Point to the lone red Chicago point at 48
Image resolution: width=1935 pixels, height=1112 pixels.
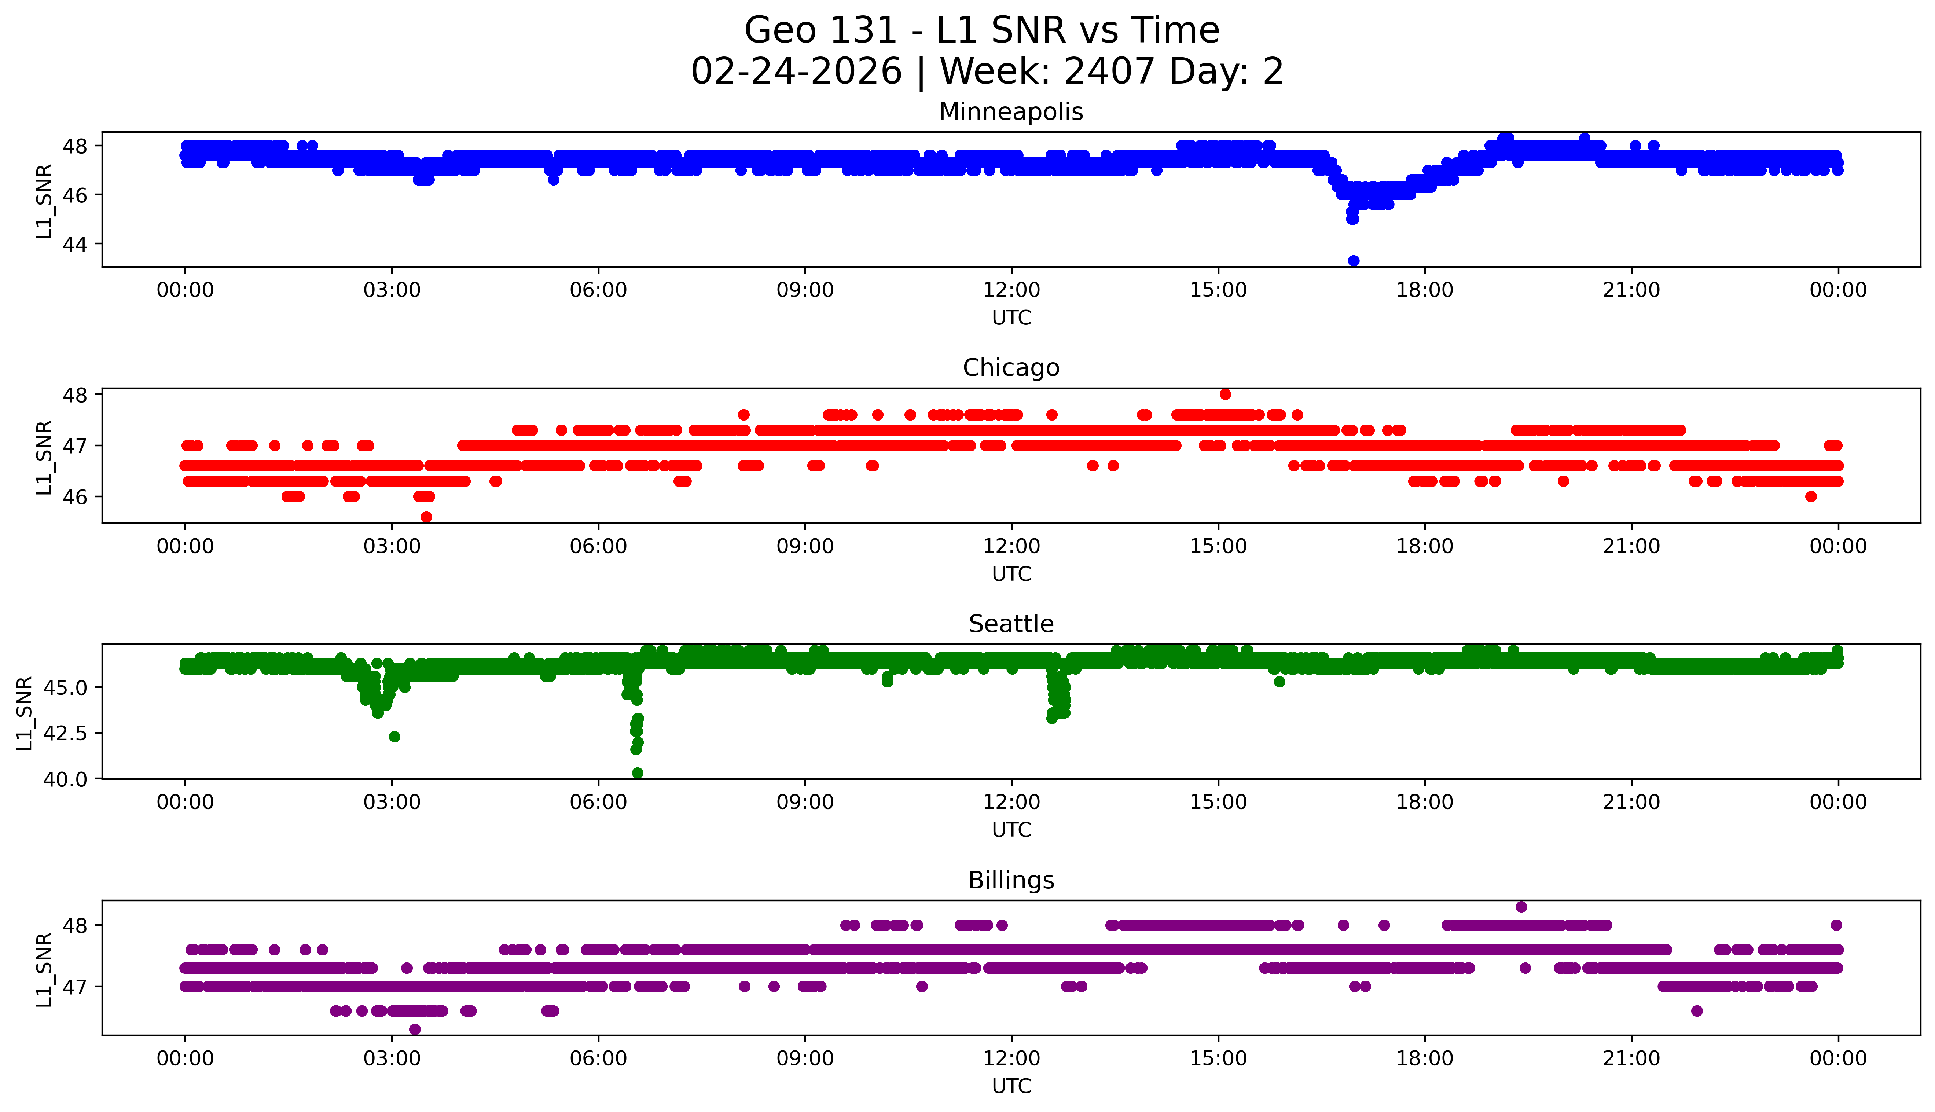(x=1225, y=394)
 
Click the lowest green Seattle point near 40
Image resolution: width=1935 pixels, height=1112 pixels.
(x=638, y=773)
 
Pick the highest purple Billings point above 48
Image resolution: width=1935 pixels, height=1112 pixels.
(x=1521, y=907)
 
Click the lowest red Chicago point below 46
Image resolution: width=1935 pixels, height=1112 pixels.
(x=426, y=517)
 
